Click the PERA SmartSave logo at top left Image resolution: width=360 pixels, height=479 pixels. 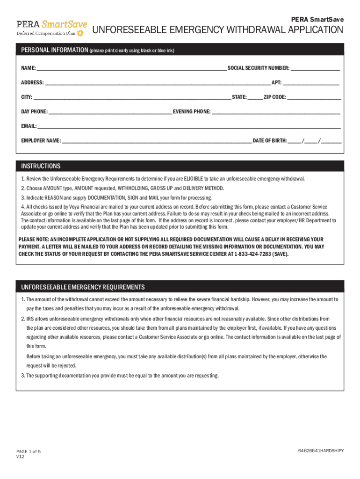pos(51,28)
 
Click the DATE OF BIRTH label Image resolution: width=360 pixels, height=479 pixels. pos(269,140)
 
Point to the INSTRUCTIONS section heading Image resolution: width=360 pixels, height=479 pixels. pos(41,166)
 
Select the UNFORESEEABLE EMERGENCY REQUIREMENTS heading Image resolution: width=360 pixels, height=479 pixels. pos(83,287)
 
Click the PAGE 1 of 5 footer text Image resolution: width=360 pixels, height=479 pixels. pos(29,451)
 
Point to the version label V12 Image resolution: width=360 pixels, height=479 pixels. pos(20,457)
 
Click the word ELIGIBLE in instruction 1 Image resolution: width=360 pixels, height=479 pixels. pos(193,179)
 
